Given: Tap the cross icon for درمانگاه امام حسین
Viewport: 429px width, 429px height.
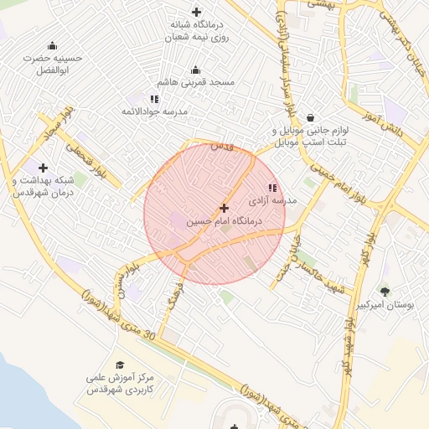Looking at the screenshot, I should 223,207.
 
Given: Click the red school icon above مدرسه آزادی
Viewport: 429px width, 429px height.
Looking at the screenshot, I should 271,188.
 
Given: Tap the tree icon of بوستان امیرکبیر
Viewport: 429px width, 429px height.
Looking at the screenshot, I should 385,292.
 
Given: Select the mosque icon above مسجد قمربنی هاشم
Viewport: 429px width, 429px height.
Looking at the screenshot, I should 196,70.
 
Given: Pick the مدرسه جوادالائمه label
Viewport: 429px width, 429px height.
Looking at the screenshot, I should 190,111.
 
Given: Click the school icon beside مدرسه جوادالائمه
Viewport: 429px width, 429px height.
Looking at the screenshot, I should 154,99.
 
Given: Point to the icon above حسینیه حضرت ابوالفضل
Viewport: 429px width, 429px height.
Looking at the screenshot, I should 53,45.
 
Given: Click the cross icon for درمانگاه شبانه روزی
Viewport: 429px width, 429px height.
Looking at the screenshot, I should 196,12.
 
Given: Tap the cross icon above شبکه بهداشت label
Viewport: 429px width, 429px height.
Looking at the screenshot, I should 43,168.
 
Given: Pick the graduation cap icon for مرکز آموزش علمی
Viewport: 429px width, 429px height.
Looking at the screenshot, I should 121,364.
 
